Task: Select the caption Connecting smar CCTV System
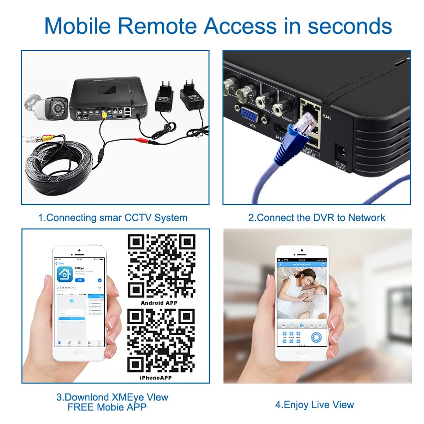point(113,217)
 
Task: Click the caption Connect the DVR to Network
point(317,217)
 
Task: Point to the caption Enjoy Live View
point(314,405)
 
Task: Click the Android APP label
point(159,303)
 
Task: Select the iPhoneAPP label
point(159,378)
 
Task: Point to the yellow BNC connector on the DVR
point(104,114)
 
